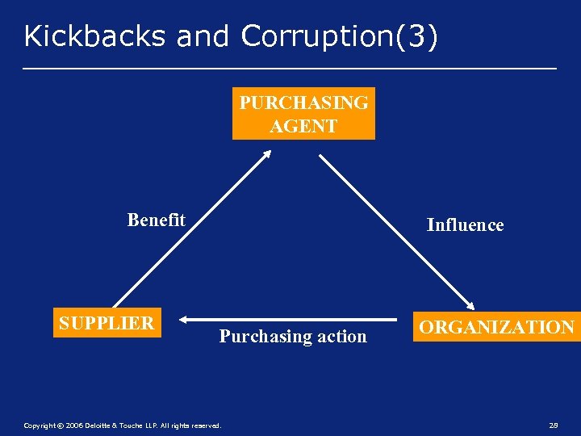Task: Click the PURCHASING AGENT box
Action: click(303, 114)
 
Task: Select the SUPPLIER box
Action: click(107, 323)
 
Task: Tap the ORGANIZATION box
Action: click(496, 327)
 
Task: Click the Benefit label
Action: click(156, 220)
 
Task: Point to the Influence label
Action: click(465, 225)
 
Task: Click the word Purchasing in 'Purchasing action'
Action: click(259, 337)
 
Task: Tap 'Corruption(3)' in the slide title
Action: click(339, 36)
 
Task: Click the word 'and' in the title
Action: click(202, 36)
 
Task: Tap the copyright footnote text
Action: click(121, 425)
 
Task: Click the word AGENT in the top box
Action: click(303, 126)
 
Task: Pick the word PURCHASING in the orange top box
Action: click(303, 103)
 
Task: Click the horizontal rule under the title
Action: click(290, 69)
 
